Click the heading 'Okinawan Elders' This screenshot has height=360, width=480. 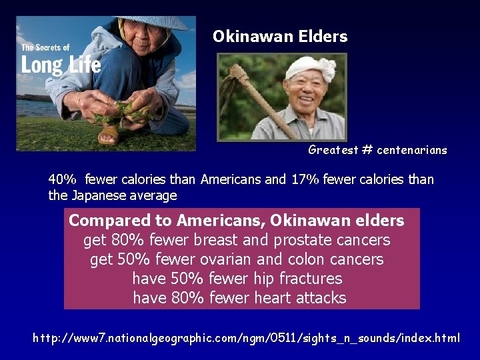[280, 37]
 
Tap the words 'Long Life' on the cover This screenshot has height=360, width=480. [61, 65]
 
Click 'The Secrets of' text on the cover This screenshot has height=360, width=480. [45, 47]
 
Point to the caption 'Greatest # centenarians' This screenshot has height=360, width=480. [377, 150]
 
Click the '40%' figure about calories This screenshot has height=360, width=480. [63, 179]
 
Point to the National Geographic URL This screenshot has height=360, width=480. [246, 338]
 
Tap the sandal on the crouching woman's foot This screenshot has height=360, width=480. [109, 136]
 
